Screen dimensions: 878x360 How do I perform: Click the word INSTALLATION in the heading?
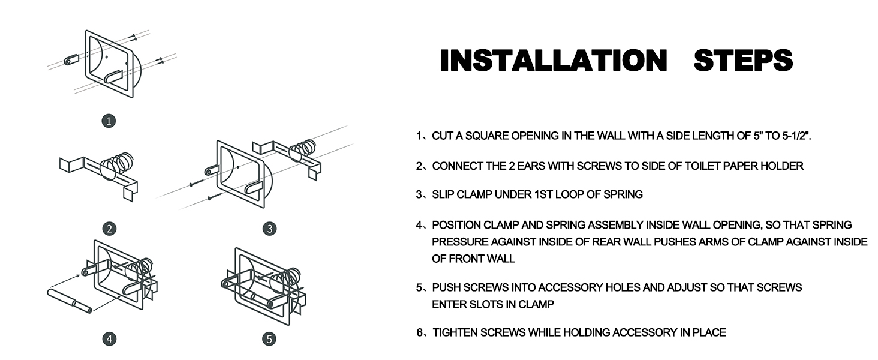click(x=554, y=61)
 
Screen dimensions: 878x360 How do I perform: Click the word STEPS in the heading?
click(x=743, y=61)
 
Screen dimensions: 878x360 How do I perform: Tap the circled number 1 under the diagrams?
click(x=109, y=121)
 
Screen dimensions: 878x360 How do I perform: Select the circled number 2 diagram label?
click(x=109, y=229)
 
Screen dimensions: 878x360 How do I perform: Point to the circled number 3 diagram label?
click(x=269, y=229)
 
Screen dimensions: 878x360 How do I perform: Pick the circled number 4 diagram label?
click(x=109, y=339)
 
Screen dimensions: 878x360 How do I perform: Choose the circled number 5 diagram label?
click(x=269, y=339)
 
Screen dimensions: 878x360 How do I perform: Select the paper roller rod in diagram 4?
click(x=70, y=301)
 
